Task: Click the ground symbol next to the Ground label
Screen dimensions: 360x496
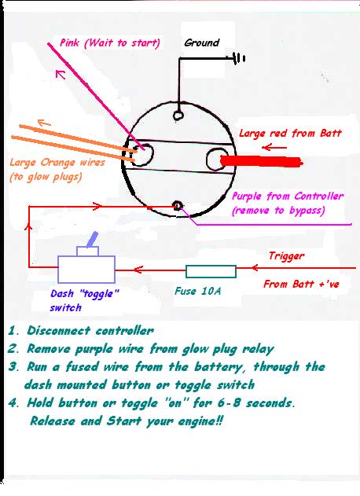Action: point(238,58)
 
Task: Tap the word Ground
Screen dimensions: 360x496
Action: point(201,42)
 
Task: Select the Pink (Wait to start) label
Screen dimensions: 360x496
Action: point(110,42)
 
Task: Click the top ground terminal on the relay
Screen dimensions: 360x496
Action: point(178,115)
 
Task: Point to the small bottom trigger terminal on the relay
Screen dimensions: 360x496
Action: point(178,206)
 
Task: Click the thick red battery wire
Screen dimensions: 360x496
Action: point(261,162)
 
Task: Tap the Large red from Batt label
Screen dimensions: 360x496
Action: point(290,133)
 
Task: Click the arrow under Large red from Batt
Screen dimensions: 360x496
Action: point(274,148)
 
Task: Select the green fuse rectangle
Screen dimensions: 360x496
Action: point(211,271)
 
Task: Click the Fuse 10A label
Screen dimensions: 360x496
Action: point(198,291)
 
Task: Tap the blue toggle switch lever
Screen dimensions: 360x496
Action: point(92,240)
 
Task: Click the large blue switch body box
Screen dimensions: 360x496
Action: point(86,270)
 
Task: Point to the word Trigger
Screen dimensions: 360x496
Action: point(287,256)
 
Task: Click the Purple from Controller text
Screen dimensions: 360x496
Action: point(288,197)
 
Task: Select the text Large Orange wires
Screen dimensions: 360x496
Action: point(57,163)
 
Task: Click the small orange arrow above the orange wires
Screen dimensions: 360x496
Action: point(44,123)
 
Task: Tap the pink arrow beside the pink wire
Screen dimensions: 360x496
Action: point(61,75)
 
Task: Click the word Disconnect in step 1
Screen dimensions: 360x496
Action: point(58,331)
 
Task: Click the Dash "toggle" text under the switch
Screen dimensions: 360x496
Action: point(84,293)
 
